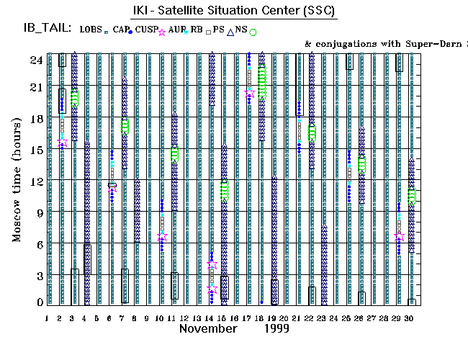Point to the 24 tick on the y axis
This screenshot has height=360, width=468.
coord(34,60)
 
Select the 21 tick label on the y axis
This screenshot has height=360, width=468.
coord(34,87)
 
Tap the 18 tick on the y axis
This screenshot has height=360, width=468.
coord(34,119)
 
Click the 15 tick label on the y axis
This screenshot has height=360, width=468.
coord(34,150)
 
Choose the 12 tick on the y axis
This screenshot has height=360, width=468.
coord(34,181)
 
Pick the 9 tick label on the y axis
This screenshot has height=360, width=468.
coord(37,213)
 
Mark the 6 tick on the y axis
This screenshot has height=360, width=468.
coord(37,244)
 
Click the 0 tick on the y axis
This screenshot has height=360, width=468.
coord(37,303)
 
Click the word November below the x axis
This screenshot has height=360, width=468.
coord(208,328)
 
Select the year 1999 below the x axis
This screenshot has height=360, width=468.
coord(276,328)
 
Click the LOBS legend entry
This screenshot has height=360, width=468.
coord(91,30)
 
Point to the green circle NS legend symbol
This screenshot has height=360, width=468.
coord(253,32)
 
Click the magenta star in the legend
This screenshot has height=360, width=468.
coord(162,32)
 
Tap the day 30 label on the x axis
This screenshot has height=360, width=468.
coord(410,318)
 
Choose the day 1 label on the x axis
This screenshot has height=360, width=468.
coord(47,318)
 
